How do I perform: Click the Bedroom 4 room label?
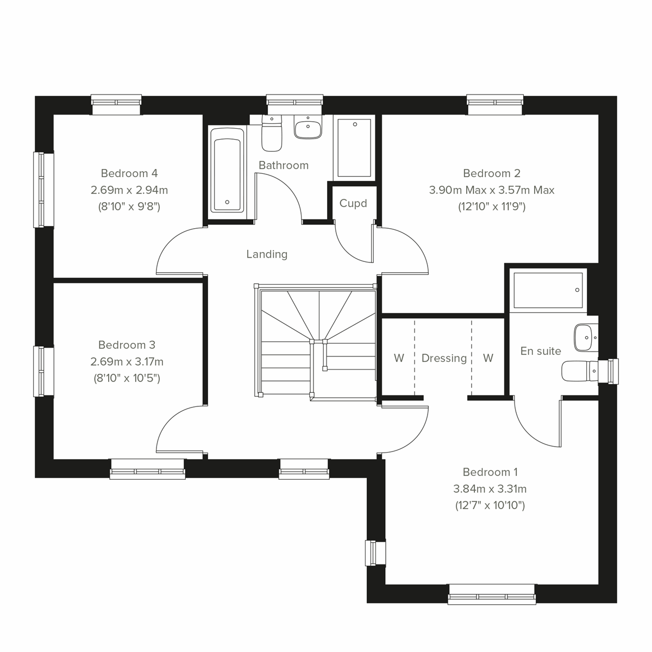coord(129,173)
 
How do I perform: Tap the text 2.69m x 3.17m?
coord(127,361)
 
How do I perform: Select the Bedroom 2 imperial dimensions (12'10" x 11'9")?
coord(491,206)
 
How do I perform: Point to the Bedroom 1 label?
coord(490,472)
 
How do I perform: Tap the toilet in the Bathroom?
coord(271,134)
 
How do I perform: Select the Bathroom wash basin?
coord(308,128)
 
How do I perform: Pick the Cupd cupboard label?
coord(353,203)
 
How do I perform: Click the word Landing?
coord(267,254)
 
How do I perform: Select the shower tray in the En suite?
coord(548,290)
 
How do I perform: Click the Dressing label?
coord(444,358)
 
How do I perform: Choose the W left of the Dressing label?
coord(399,358)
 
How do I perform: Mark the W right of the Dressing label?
coord(488,358)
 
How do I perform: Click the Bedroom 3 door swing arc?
coord(177,427)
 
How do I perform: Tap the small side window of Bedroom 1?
coord(375,553)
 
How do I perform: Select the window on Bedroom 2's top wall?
coord(496,104)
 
